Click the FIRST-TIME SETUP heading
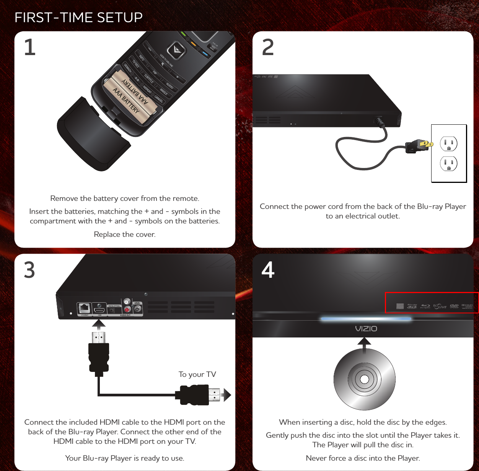(x=78, y=18)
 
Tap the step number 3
(x=29, y=270)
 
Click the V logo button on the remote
(x=176, y=50)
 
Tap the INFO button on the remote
(x=142, y=57)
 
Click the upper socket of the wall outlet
(x=449, y=144)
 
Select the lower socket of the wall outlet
(x=449, y=164)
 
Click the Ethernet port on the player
(x=84, y=308)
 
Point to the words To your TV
(x=197, y=374)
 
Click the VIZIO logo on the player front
(x=366, y=329)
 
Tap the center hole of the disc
(x=365, y=380)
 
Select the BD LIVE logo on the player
(x=440, y=306)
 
